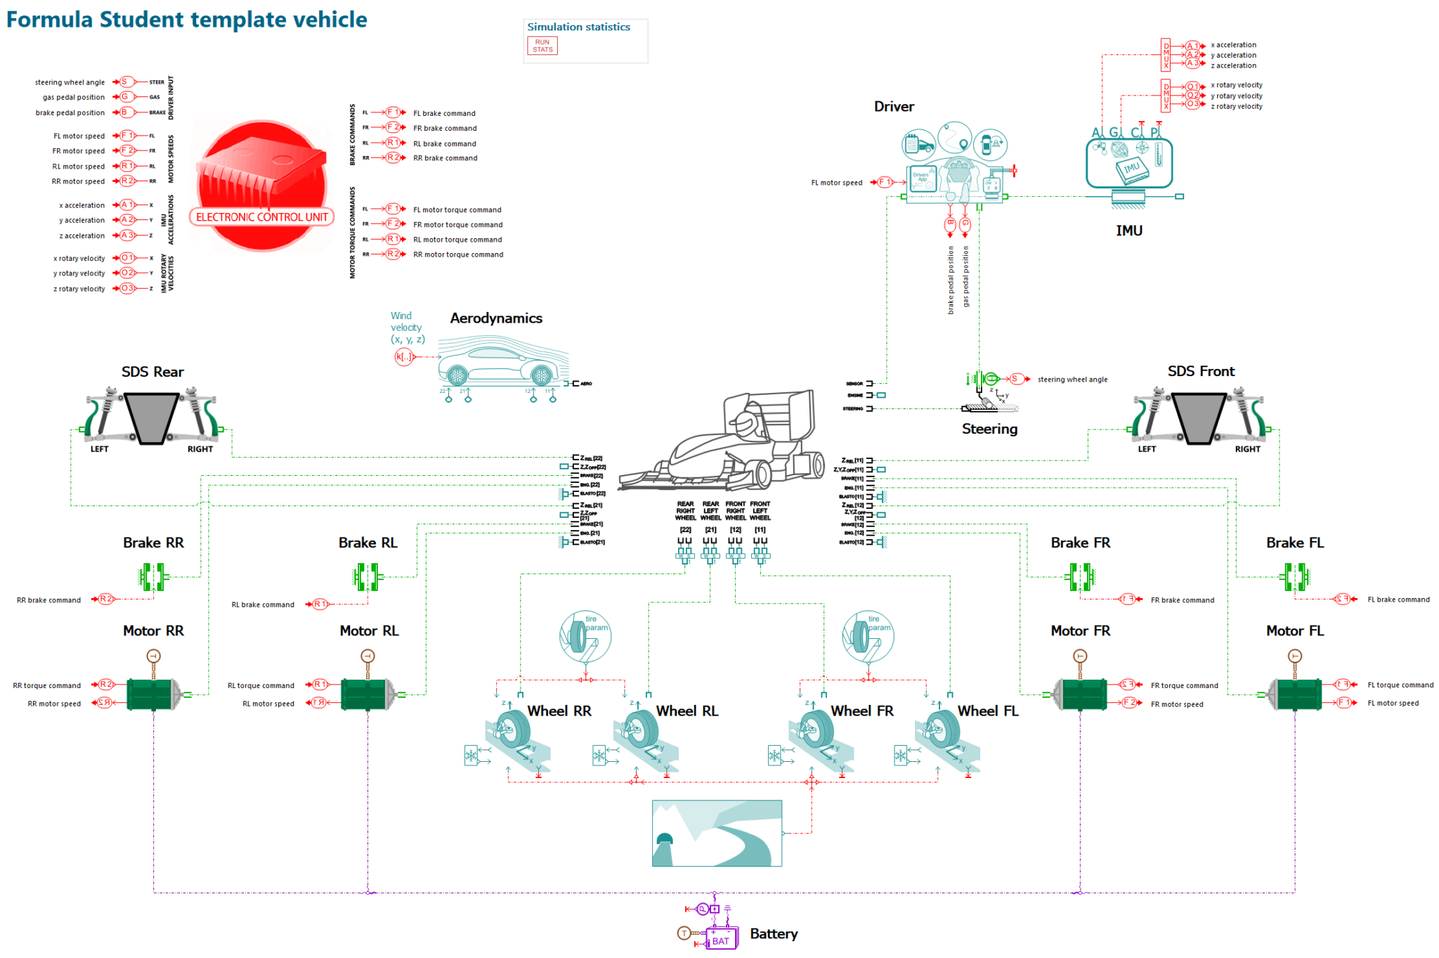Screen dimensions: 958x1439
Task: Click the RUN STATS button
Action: (x=542, y=46)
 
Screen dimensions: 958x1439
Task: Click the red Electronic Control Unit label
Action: (x=262, y=217)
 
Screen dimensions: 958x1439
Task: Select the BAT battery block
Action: (x=721, y=940)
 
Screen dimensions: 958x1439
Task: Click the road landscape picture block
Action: (x=717, y=833)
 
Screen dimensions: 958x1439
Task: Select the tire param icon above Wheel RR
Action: (x=585, y=636)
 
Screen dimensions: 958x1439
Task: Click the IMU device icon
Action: (x=1129, y=164)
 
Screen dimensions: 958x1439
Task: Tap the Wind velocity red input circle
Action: (x=403, y=357)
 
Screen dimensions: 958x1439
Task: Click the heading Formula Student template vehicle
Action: (x=187, y=19)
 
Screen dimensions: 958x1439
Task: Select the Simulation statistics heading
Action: (x=578, y=27)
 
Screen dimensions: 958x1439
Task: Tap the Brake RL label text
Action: (x=367, y=543)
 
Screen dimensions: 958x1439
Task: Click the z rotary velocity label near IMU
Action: (x=1236, y=107)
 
